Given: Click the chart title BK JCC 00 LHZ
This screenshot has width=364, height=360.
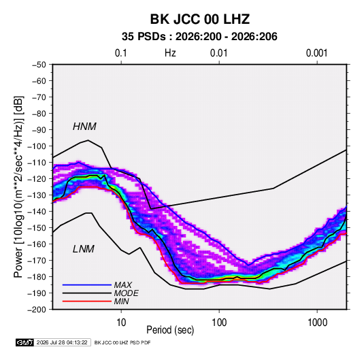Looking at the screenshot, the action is (x=200, y=19).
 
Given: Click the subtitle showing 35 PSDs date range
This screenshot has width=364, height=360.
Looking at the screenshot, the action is (x=199, y=37).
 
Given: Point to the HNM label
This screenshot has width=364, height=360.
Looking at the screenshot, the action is (x=84, y=127).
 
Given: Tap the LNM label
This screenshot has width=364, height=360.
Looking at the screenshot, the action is (x=84, y=249).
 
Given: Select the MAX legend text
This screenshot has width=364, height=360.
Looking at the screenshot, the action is (x=123, y=285).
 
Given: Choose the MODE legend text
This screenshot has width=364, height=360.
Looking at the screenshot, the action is (x=127, y=293).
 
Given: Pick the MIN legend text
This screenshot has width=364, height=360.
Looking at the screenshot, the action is (x=121, y=301).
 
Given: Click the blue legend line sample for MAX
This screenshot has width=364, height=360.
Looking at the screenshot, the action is (x=87, y=285).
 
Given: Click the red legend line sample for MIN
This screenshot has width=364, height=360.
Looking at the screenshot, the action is (x=87, y=301).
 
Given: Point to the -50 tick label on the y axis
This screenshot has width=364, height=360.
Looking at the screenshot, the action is (x=39, y=65).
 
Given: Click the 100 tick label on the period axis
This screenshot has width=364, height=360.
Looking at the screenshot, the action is (x=219, y=323).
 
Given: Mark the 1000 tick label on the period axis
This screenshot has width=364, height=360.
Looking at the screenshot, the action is (x=317, y=323).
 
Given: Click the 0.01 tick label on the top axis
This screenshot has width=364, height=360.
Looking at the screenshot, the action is (x=218, y=53).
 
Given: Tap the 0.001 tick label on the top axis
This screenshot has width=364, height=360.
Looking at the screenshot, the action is (x=316, y=53).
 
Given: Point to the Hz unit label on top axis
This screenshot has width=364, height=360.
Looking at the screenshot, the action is (x=170, y=53).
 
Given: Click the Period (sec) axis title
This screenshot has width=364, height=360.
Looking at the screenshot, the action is (x=170, y=330).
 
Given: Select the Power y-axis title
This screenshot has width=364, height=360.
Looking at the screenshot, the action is (x=18, y=186).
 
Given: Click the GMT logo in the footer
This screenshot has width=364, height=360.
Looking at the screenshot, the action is (x=25, y=342).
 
